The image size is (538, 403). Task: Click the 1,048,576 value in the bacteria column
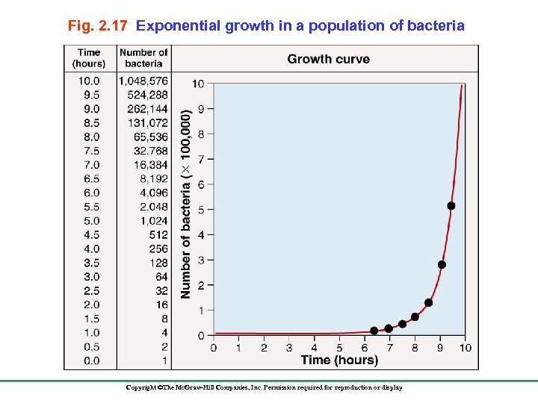(143, 81)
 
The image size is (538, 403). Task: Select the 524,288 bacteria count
(147, 95)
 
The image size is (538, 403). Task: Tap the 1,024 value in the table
(153, 221)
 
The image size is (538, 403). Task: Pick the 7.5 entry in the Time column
(90, 151)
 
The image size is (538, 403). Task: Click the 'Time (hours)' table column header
(89, 57)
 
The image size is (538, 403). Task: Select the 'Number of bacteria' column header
(143, 57)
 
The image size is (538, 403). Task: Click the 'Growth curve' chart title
(328, 59)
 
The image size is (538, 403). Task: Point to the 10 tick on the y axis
(198, 84)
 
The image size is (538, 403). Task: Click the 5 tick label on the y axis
(200, 210)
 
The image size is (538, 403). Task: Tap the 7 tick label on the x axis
(389, 348)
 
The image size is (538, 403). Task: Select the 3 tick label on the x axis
(288, 348)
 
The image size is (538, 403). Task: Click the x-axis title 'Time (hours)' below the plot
(339, 360)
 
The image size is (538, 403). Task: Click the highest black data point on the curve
(451, 205)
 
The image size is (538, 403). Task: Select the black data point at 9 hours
(442, 264)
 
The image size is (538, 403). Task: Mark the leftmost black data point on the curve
(374, 331)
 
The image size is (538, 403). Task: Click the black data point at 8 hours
(415, 317)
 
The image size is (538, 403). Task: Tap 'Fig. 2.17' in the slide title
(99, 26)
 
